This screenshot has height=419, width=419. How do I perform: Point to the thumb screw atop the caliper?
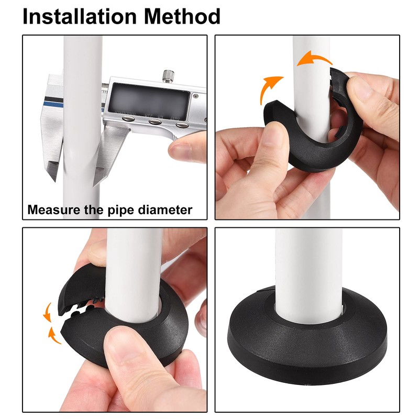click(167, 76)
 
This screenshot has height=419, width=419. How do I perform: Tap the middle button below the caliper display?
click(155, 122)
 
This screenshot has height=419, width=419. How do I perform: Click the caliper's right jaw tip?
click(97, 181)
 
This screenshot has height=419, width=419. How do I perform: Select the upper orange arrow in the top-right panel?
click(314, 59)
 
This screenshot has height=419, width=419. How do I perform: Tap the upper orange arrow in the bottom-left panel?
click(47, 311)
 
